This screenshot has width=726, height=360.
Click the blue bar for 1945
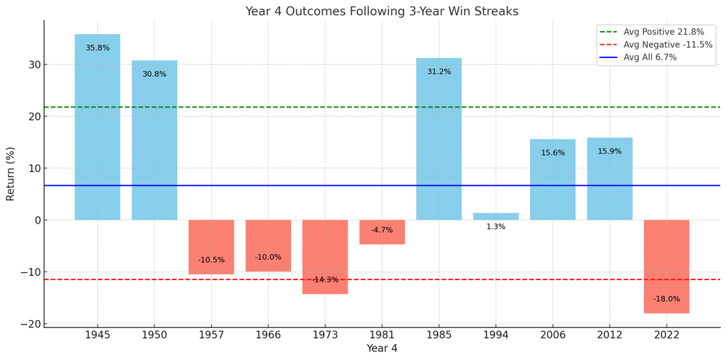pos(97,127)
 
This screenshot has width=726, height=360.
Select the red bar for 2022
pos(666,266)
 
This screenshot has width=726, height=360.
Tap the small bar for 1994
pos(496,216)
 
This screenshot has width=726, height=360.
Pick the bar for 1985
pos(439,139)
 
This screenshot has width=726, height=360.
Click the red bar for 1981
pos(382,232)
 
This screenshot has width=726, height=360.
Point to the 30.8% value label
pos(154,74)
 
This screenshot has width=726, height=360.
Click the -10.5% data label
pos(211,260)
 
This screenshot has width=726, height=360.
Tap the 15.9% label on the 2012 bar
pos(609,151)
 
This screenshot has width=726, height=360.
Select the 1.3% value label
pos(496,226)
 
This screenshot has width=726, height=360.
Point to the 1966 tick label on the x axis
pos(268,335)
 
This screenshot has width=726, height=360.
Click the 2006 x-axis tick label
pos(552,335)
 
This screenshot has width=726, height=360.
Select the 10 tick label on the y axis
pos(32,168)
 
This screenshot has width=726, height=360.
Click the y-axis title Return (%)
pos(10,173)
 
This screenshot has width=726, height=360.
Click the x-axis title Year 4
pos(382,349)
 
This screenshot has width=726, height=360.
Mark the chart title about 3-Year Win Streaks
pos(382,12)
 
